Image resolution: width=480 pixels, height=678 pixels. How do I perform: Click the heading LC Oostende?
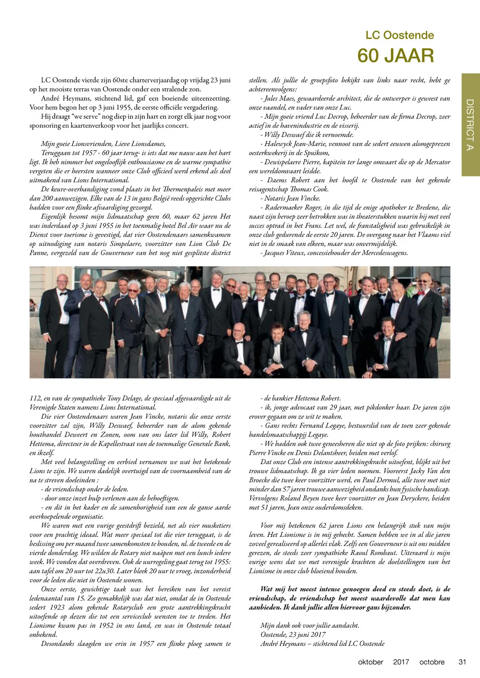[400, 35]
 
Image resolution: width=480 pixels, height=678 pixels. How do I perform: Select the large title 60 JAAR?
[395, 56]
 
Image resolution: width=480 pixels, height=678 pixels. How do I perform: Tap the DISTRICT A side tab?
[470, 125]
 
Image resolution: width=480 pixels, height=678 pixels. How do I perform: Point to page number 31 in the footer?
[462, 662]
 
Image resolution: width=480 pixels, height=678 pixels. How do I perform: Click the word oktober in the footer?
[370, 662]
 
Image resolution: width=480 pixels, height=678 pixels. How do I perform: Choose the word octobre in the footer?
[432, 662]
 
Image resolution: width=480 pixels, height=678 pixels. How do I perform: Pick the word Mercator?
[437, 162]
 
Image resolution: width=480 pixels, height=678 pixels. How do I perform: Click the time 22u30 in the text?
[110, 571]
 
